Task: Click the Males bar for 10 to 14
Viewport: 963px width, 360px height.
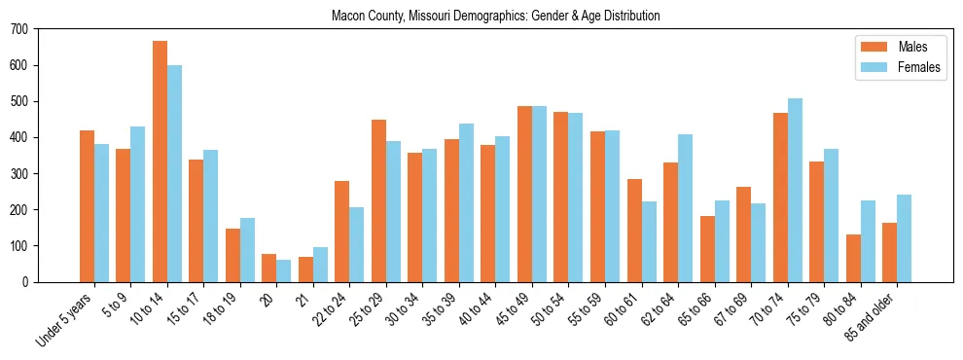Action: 160,162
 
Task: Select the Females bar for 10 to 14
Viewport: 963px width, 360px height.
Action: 174,173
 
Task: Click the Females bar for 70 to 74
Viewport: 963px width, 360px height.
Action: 795,190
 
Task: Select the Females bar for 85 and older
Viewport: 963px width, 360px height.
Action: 904,238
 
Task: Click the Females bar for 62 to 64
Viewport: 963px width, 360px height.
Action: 685,208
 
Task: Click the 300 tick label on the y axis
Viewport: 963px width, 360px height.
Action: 20,174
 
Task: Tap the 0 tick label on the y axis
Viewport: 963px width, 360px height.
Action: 26,282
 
